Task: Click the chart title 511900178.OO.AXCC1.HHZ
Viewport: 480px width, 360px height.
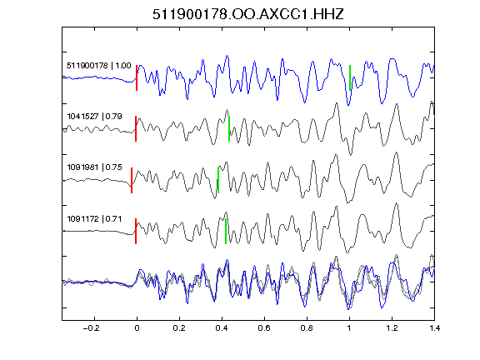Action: (x=248, y=14)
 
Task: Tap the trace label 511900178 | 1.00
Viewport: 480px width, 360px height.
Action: (x=99, y=66)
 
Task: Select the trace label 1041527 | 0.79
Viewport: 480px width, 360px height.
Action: (x=95, y=117)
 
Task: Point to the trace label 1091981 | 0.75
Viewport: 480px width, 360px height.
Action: (x=95, y=167)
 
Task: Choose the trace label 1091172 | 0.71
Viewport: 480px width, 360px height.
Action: (x=94, y=219)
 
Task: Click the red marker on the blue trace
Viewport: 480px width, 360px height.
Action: (x=137, y=77)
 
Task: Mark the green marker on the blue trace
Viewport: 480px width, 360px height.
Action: (x=350, y=77)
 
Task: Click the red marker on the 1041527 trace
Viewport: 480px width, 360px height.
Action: (x=136, y=128)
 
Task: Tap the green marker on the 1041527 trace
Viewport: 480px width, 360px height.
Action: (x=229, y=128)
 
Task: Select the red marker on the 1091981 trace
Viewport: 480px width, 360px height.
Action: (x=132, y=180)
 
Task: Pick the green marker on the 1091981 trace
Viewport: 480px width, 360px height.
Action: (x=218, y=180)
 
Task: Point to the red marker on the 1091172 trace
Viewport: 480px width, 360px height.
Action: (x=136, y=231)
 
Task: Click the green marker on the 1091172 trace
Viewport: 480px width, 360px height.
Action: (x=226, y=231)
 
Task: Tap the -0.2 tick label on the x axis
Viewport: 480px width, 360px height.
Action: (x=91, y=328)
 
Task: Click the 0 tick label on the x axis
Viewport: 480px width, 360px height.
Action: (x=137, y=328)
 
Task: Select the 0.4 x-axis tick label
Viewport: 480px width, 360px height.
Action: (x=222, y=328)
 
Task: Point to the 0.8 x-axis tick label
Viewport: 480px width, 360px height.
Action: (x=307, y=328)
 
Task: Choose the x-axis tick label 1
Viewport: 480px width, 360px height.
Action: (x=349, y=328)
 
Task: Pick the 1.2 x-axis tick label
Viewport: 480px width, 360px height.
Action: (x=392, y=328)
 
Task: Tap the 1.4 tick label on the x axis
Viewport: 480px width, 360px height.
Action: (x=434, y=328)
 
